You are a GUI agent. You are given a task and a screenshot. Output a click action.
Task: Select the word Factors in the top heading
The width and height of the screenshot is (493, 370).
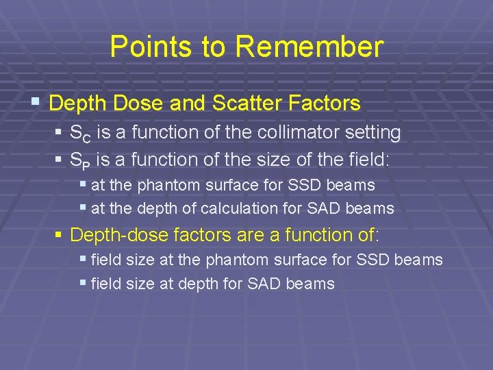coord(327,103)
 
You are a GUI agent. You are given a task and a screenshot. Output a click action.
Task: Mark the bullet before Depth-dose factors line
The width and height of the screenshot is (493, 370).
coord(59,234)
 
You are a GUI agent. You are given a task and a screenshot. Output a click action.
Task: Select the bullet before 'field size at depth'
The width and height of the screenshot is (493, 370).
coord(83,283)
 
